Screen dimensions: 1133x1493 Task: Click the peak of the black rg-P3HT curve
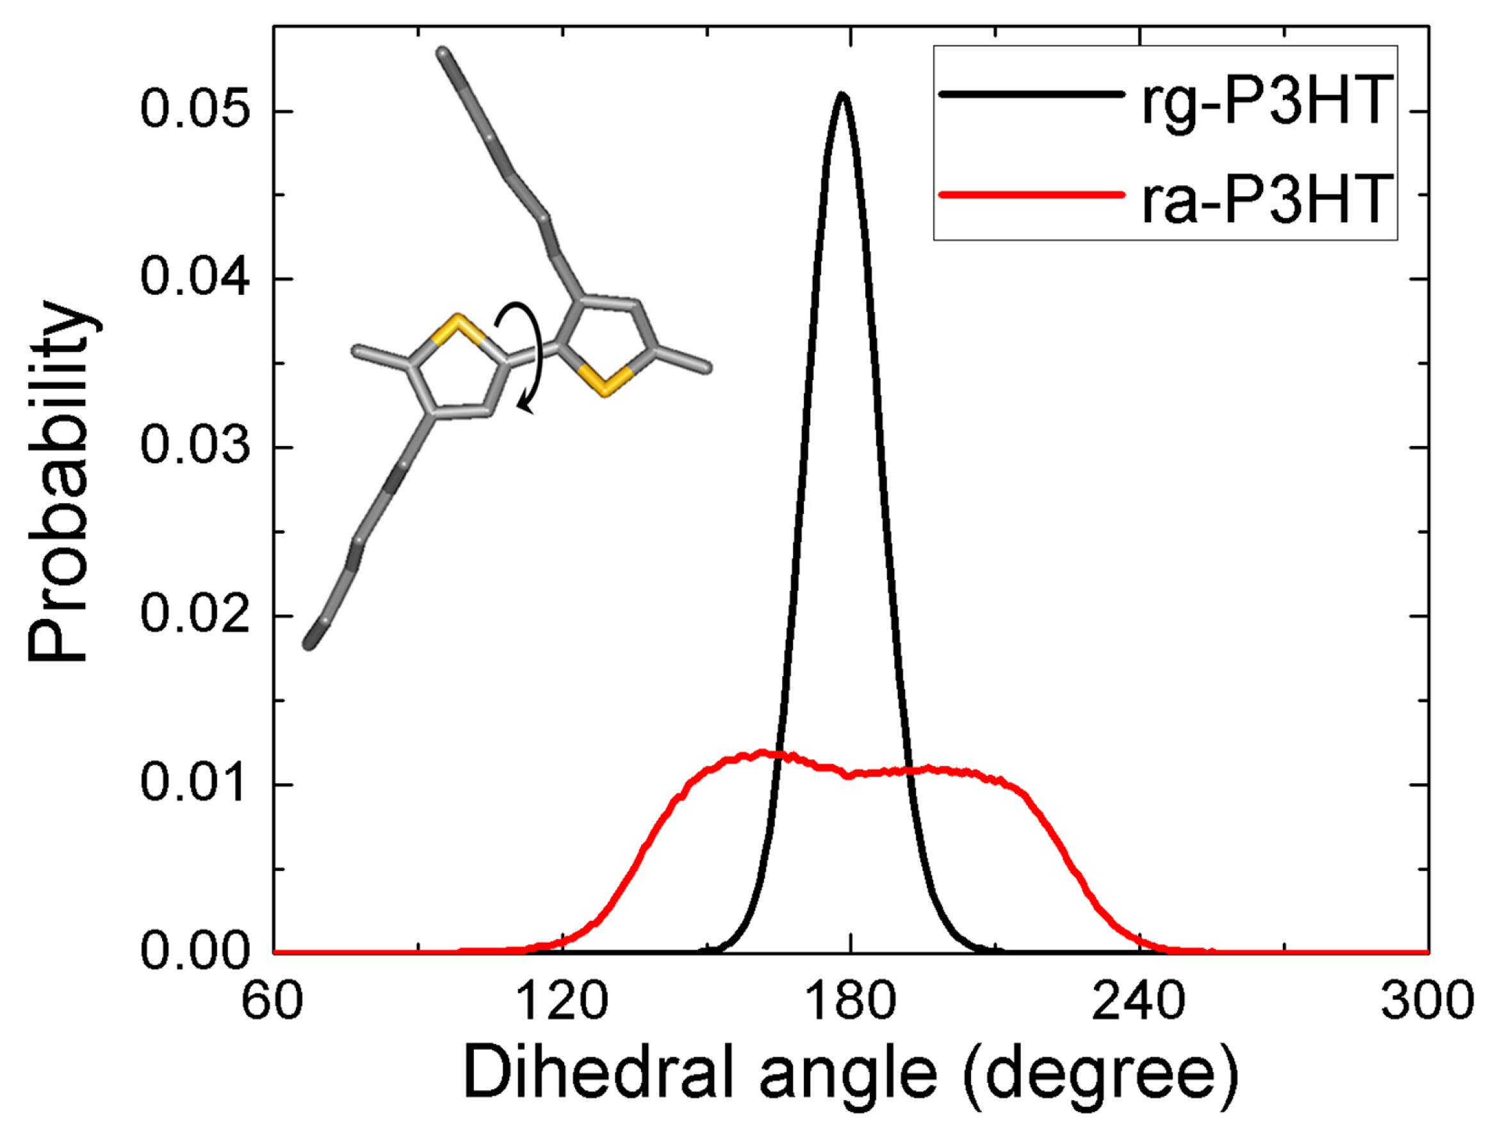[841, 96]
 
